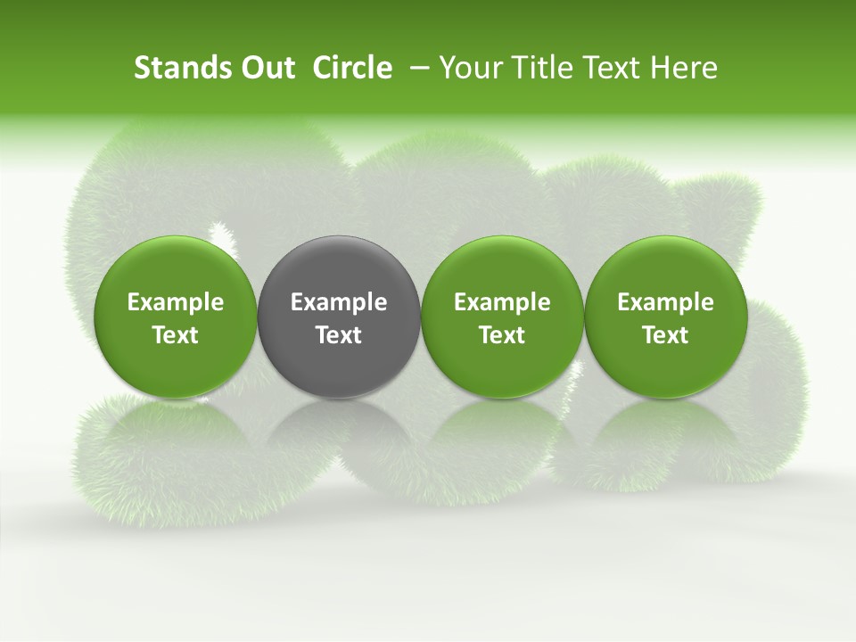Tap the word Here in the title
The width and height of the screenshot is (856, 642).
click(686, 68)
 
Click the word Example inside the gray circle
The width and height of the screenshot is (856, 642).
click(339, 302)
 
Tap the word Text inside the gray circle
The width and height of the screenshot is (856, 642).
click(339, 335)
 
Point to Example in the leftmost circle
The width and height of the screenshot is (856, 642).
click(176, 302)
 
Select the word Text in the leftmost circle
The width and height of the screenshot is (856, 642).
click(176, 335)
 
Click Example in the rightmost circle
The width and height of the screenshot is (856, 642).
click(665, 302)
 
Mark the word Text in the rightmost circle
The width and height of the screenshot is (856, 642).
click(665, 335)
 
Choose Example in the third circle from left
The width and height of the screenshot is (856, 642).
click(502, 302)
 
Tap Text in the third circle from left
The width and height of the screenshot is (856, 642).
click(502, 335)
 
